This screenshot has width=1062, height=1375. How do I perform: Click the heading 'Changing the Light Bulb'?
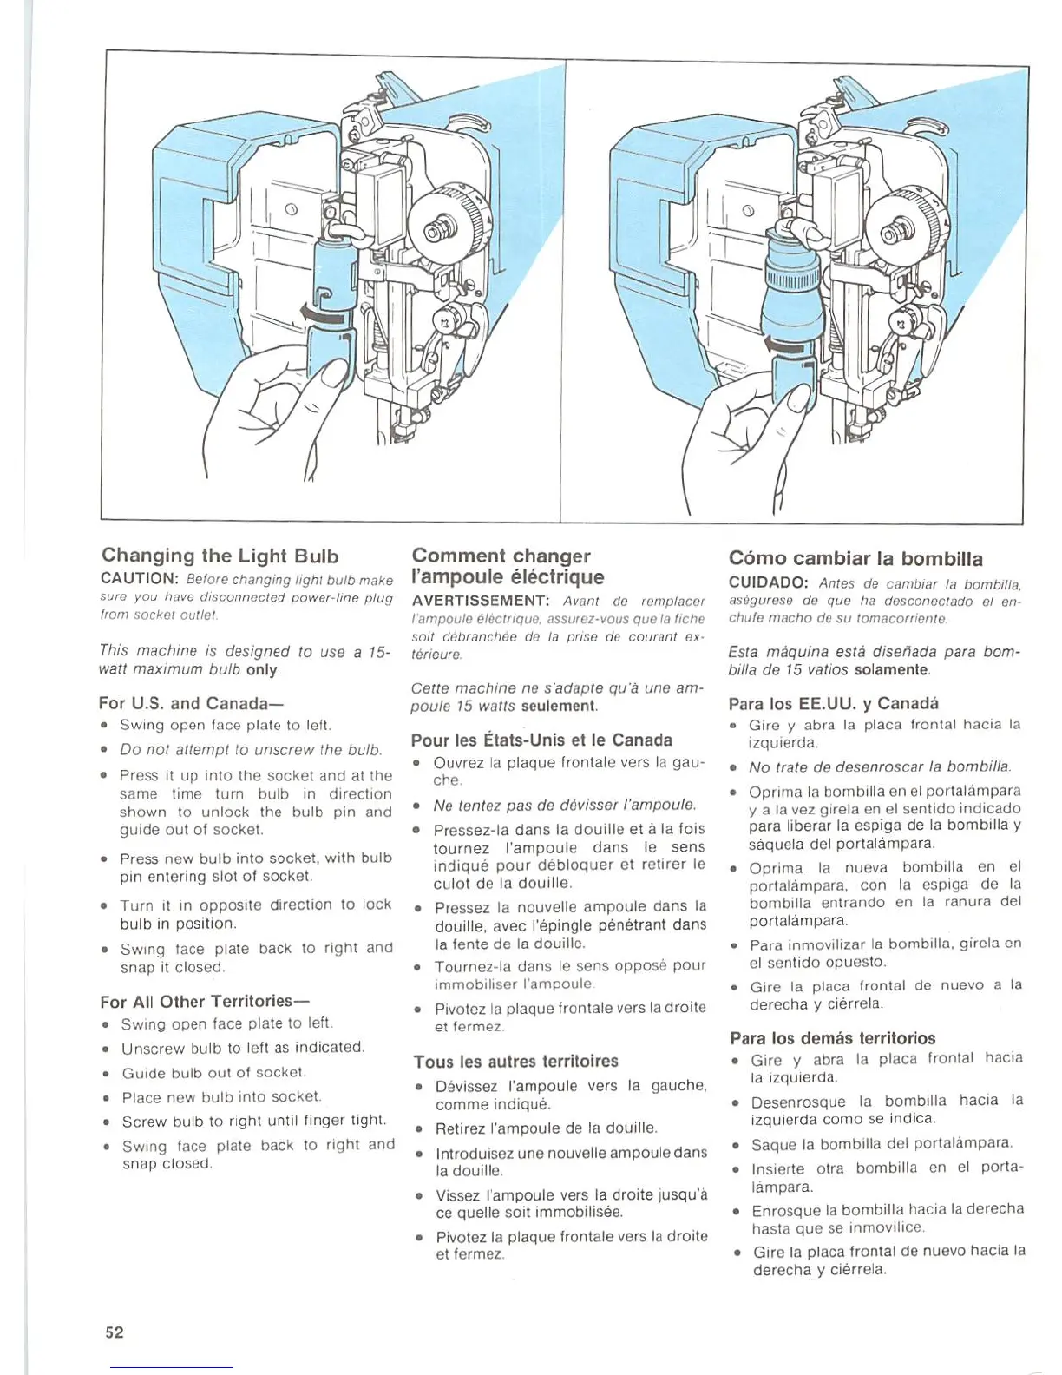pos(220,556)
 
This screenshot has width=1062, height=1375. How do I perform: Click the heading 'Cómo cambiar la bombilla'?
pos(855,558)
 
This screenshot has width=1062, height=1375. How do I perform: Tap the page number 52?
pos(115,1332)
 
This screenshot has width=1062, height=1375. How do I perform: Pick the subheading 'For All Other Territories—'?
pos(206,1001)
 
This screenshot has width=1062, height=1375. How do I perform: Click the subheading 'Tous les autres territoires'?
pos(515,1061)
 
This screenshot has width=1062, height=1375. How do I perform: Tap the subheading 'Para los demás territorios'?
pos(832,1038)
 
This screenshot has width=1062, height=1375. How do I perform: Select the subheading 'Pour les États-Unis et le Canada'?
pos(541,740)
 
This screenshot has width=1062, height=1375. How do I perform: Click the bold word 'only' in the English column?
pos(261,670)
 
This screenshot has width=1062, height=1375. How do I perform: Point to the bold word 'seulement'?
pos(559,707)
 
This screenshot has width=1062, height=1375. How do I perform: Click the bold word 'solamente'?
pos(891,670)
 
